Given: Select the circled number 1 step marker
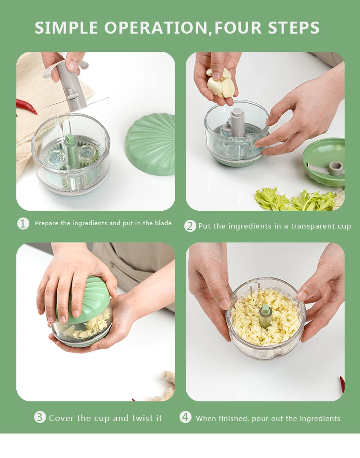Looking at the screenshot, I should pyautogui.click(x=23, y=223).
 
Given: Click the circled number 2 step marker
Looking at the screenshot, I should pyautogui.click(x=190, y=226).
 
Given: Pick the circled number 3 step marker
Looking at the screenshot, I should pyautogui.click(x=40, y=417).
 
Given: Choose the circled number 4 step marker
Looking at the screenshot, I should pyautogui.click(x=185, y=417).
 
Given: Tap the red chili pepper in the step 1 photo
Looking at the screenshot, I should pyautogui.click(x=26, y=106).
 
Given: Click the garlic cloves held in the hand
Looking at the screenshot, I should pyautogui.click(x=219, y=83).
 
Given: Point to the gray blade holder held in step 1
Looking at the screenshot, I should pyautogui.click(x=70, y=86).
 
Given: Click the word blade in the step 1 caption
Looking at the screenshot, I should pyautogui.click(x=163, y=223).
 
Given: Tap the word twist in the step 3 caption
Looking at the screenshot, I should pyautogui.click(x=139, y=418).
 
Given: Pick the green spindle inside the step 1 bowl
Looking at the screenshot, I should pyautogui.click(x=70, y=149).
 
